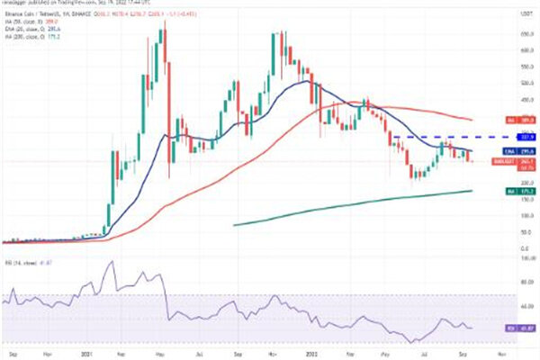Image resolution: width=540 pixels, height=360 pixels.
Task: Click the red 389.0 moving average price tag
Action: pos(501,118)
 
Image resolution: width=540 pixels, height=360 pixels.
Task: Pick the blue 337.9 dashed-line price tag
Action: pos(501,136)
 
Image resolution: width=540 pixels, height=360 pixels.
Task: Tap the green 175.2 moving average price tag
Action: pos(501,191)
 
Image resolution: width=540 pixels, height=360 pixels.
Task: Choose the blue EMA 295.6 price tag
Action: pos(501,149)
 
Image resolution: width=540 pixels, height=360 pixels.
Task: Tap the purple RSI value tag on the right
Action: pos(501,328)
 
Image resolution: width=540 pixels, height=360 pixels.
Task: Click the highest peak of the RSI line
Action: pos(112,262)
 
